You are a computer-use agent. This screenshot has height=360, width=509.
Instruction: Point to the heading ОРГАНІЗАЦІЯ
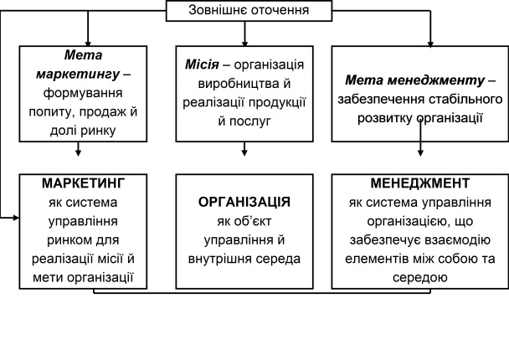[244, 203]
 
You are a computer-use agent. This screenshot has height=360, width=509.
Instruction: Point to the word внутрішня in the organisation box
[227, 259]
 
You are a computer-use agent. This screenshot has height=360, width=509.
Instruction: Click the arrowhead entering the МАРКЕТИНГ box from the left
[16, 219]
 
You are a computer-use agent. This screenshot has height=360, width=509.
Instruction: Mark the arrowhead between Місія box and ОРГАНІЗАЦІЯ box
[244, 152]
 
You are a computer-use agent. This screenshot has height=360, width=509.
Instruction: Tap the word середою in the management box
[419, 277]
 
